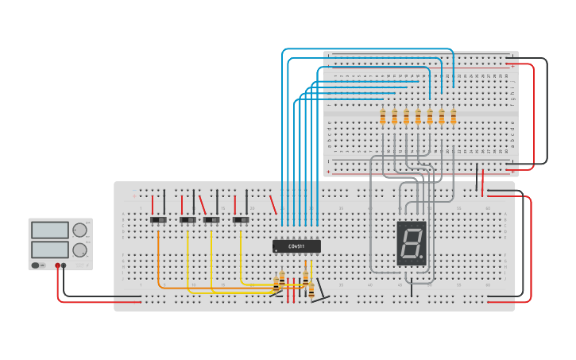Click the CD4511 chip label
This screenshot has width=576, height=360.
coord(296,246)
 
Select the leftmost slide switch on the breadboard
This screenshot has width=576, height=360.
coord(158,219)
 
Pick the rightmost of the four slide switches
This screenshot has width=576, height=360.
coord(241,219)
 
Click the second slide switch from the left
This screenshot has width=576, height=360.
coord(187,219)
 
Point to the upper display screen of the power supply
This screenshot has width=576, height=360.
coord(50,230)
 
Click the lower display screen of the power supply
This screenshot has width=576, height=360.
coord(50,249)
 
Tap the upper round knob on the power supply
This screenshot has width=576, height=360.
coord(79,230)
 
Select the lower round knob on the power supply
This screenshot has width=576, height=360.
coord(79,250)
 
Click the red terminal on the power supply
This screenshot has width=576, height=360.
coord(57,265)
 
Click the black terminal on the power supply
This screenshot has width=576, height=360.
coord(64,265)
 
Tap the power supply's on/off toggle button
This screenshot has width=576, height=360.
coord(36,265)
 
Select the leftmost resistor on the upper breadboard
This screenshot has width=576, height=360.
coord(382,117)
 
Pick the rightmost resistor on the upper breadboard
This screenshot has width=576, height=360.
coord(454,117)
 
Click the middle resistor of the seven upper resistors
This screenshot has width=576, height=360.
coord(418,117)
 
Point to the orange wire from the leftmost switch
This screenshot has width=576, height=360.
coord(160,262)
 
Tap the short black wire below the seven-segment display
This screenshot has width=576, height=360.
coord(412,289)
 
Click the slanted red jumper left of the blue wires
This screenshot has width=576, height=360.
coord(273,205)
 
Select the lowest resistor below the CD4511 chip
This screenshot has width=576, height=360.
coord(311,291)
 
